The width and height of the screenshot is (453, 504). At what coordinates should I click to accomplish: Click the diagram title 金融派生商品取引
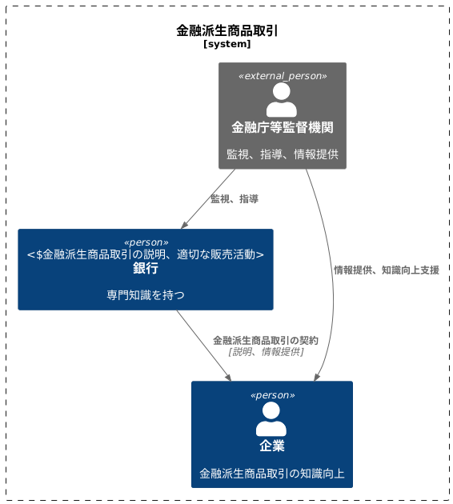pyautogui.click(x=226, y=31)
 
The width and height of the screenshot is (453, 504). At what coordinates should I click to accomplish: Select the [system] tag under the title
pyautogui.click(x=226, y=45)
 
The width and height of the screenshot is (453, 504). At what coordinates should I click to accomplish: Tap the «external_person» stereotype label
pyautogui.click(x=283, y=75)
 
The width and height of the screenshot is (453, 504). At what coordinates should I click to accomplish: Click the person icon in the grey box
pyautogui.click(x=282, y=100)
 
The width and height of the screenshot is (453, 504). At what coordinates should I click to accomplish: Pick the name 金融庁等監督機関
pyautogui.click(x=283, y=127)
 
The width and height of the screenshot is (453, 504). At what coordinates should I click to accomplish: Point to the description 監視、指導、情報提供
pyautogui.click(x=283, y=154)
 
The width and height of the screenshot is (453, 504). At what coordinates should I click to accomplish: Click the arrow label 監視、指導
pyautogui.click(x=234, y=198)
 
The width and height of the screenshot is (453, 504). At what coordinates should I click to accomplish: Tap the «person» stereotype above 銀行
pyautogui.click(x=146, y=242)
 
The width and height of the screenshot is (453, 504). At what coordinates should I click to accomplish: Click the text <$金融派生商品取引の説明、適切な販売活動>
pyautogui.click(x=146, y=254)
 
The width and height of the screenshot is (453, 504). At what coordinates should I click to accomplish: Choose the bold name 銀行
pyautogui.click(x=146, y=269)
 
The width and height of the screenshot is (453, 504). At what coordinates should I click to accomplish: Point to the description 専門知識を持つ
pyautogui.click(x=146, y=295)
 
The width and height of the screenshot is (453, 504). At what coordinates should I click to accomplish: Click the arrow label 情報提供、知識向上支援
pyautogui.click(x=386, y=270)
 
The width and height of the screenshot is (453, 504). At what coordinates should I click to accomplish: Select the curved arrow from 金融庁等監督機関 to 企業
pyautogui.click(x=331, y=272)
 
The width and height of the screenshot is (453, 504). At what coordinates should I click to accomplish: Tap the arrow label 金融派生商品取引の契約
pyautogui.click(x=266, y=340)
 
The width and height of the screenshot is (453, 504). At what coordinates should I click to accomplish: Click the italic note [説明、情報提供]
pyautogui.click(x=266, y=351)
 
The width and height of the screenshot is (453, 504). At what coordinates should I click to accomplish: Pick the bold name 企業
pyautogui.click(x=271, y=446)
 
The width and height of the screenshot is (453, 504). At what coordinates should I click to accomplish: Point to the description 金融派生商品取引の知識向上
pyautogui.click(x=271, y=473)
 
